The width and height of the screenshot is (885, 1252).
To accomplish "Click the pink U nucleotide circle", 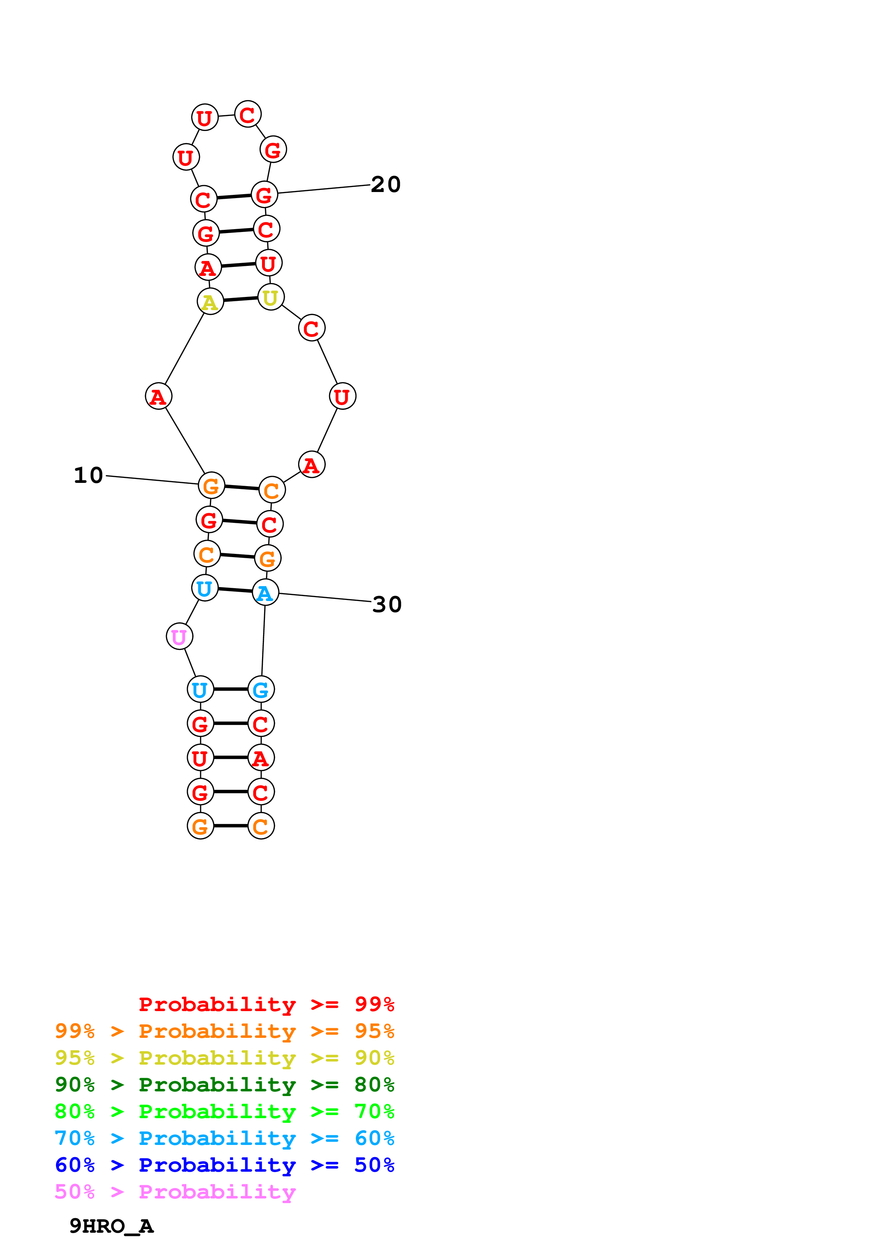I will pos(180,636).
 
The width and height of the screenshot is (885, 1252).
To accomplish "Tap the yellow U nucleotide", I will pos(271,297).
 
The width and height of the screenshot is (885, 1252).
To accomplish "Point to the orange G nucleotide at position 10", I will pos(211,485).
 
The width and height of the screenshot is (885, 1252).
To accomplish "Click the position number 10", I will pos(88,475).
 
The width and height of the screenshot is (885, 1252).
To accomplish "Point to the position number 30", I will pos(387,604).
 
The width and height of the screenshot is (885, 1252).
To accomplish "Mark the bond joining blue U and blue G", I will pos(231,689).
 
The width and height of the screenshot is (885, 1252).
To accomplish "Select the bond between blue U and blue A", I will pos(235,590).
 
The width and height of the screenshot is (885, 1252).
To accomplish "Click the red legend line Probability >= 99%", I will pos(266,1004).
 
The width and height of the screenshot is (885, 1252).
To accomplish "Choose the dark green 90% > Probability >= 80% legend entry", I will pos(224,1084).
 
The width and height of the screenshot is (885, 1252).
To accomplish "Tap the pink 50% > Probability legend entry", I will pos(175,1191).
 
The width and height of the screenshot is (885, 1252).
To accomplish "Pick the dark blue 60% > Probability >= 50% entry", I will pos(224,1165).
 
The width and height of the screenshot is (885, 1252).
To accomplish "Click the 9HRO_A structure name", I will pos(111,1226).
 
